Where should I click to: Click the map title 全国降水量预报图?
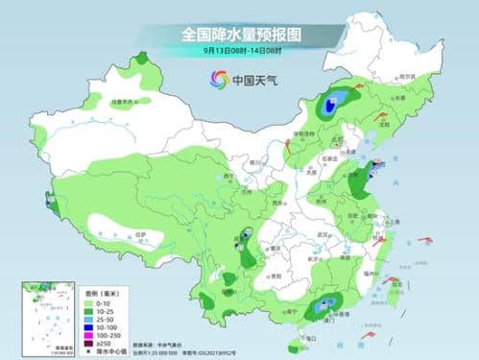point(239,34)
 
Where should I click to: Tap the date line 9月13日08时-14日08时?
point(239,50)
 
